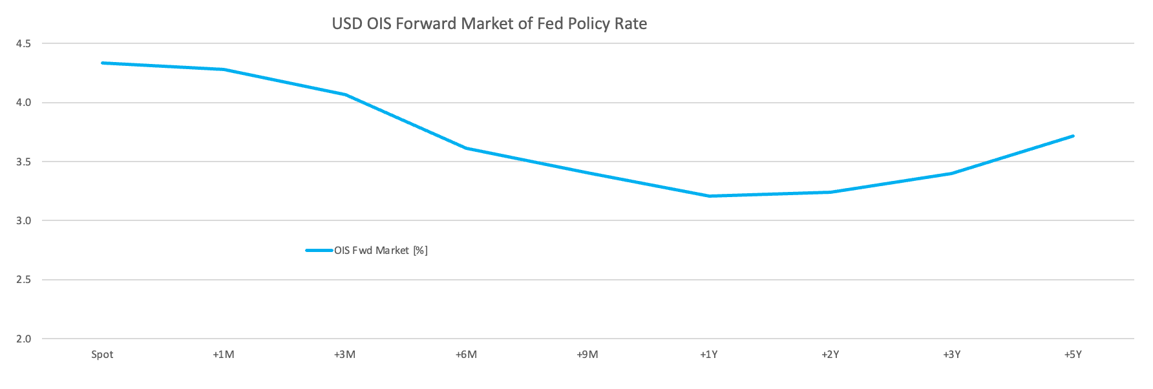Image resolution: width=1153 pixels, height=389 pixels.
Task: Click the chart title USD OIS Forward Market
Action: pyautogui.click(x=489, y=24)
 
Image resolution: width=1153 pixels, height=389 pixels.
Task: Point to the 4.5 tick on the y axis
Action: pyautogui.click(x=24, y=44)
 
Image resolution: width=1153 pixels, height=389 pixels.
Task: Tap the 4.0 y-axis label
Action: pyautogui.click(x=24, y=103)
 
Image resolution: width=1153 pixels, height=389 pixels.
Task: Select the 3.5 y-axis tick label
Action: pyautogui.click(x=24, y=162)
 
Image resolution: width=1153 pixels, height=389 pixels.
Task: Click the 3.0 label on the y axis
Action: pyautogui.click(x=24, y=221)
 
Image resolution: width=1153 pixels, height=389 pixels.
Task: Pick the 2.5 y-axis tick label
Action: pyautogui.click(x=24, y=280)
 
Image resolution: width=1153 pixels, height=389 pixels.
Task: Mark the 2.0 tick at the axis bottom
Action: pyautogui.click(x=24, y=339)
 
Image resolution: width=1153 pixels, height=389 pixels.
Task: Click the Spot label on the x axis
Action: pyautogui.click(x=102, y=355)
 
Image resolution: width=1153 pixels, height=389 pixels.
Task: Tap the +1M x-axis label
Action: pyautogui.click(x=224, y=355)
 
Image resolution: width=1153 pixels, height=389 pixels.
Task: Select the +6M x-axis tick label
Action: pyautogui.click(x=466, y=355)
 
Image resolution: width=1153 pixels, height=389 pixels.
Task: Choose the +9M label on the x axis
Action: pyautogui.click(x=587, y=355)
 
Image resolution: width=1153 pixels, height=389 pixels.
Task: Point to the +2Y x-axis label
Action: pyautogui.click(x=830, y=355)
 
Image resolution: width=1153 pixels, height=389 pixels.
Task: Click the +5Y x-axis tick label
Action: pyautogui.click(x=1073, y=355)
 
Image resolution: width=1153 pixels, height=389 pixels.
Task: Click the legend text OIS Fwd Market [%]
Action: pyautogui.click(x=381, y=250)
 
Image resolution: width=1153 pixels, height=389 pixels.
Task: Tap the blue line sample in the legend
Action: pyautogui.click(x=319, y=250)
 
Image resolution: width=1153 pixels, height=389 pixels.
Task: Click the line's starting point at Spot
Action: pyautogui.click(x=102, y=63)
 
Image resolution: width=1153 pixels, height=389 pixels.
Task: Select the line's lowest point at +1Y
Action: pyautogui.click(x=709, y=196)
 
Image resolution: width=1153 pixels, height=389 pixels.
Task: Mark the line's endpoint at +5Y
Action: pyautogui.click(x=1073, y=136)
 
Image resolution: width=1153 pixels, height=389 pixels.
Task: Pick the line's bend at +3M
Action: pyautogui.click(x=345, y=94)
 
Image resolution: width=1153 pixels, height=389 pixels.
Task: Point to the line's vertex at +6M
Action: pyautogui.click(x=466, y=148)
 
